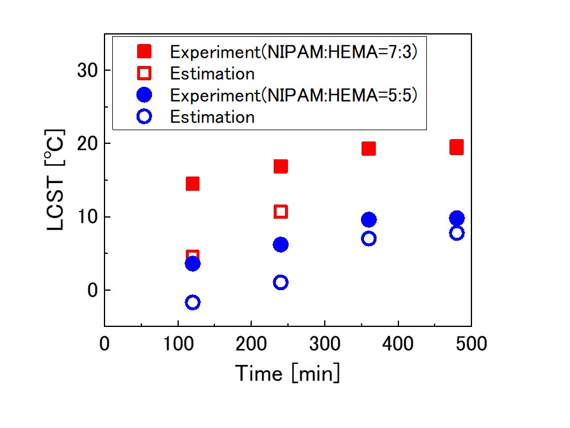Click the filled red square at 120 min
coord(192,184)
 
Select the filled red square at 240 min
coord(281,166)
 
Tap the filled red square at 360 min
coord(369,149)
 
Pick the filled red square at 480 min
coord(457,147)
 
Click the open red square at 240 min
coord(281,212)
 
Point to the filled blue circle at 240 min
coord(281,244)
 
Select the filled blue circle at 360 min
coord(369,220)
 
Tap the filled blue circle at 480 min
coord(457,218)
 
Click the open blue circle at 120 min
coord(192,303)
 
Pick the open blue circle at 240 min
coord(281,282)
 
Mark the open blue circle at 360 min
coord(369,238)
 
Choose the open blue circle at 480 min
coord(457,233)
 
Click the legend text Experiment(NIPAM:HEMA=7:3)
coord(294,52)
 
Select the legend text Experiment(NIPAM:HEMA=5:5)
coord(294,95)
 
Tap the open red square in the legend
coord(144,73)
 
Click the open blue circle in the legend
coord(144,117)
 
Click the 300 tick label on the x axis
coord(325,344)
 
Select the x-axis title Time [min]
coord(288,374)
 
